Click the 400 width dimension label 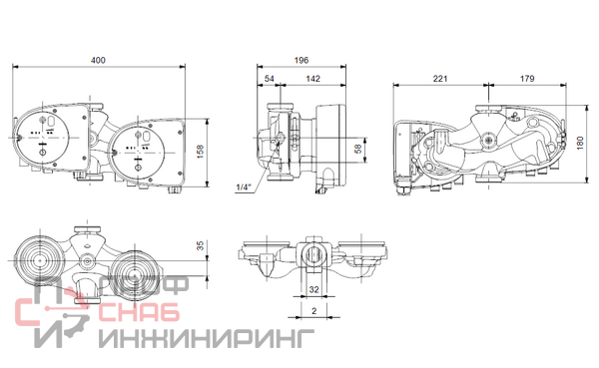pyautogui.click(x=98, y=60)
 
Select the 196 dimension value pyautogui.click(x=301, y=60)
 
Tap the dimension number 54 pyautogui.click(x=270, y=79)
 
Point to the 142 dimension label pyautogui.click(x=312, y=79)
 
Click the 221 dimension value pyautogui.click(x=440, y=79)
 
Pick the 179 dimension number pyautogui.click(x=527, y=79)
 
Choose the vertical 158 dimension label pyautogui.click(x=200, y=152)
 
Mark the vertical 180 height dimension pyautogui.click(x=580, y=143)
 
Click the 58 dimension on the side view pyautogui.click(x=358, y=149)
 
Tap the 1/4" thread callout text pyautogui.click(x=244, y=187)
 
